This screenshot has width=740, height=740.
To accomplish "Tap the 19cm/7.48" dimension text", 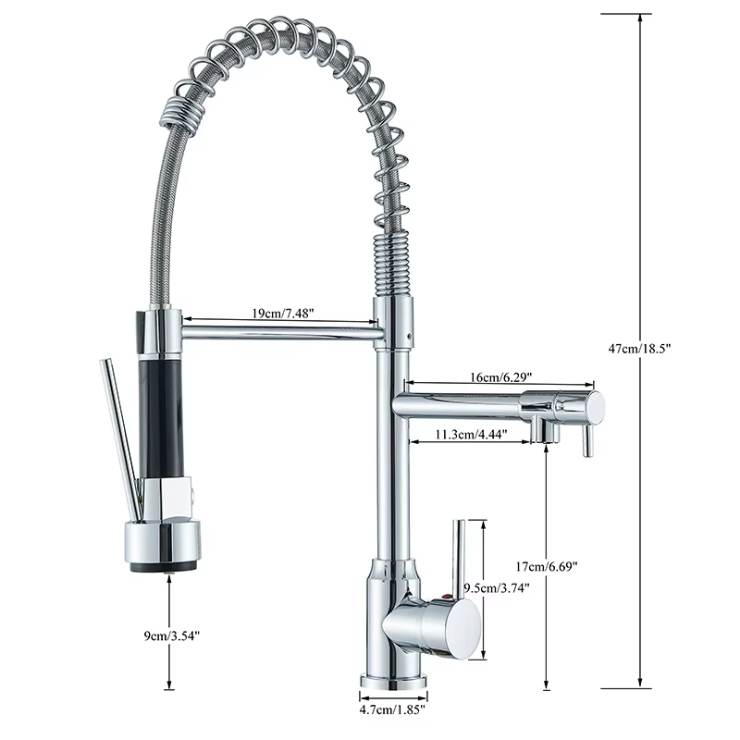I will (x=283, y=314).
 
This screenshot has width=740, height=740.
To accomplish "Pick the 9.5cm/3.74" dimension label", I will (x=499, y=587).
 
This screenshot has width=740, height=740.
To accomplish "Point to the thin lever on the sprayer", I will (x=118, y=435).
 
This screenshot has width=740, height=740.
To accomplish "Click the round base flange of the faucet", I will (x=393, y=682).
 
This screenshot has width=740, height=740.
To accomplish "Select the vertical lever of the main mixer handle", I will (x=458, y=555).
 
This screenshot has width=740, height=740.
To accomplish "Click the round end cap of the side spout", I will (x=596, y=405).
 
